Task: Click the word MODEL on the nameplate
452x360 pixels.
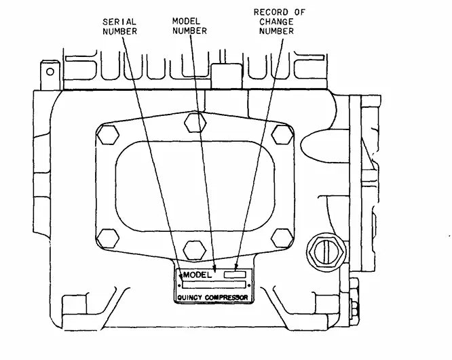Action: click(x=197, y=275)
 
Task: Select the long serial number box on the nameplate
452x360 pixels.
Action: click(x=212, y=285)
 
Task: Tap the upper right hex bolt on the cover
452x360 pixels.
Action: click(x=279, y=134)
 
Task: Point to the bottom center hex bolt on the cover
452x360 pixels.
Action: click(x=195, y=245)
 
